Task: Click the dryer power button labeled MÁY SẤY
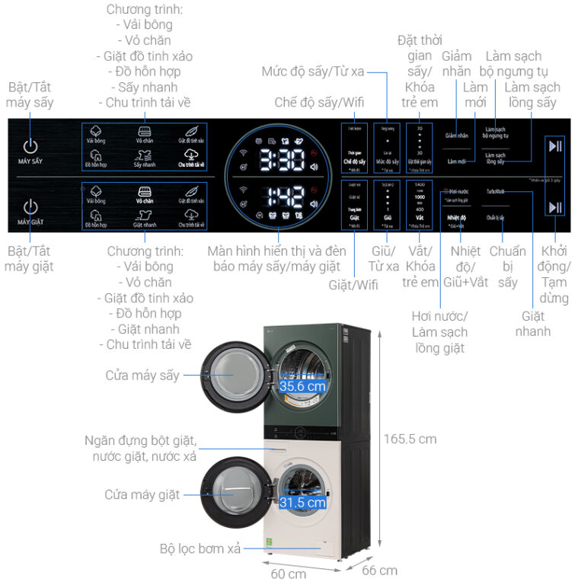click(30, 148)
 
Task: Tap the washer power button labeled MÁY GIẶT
click(30, 207)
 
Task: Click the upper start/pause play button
click(555, 147)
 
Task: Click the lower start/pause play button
click(555, 207)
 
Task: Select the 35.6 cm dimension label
click(302, 386)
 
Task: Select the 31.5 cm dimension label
click(302, 502)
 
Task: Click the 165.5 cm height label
click(410, 439)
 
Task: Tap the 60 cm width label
click(289, 573)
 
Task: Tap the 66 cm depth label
click(378, 570)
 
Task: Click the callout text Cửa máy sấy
click(142, 376)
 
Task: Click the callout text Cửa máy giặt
click(142, 494)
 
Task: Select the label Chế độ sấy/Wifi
click(320, 102)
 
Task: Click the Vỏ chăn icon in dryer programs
click(143, 133)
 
